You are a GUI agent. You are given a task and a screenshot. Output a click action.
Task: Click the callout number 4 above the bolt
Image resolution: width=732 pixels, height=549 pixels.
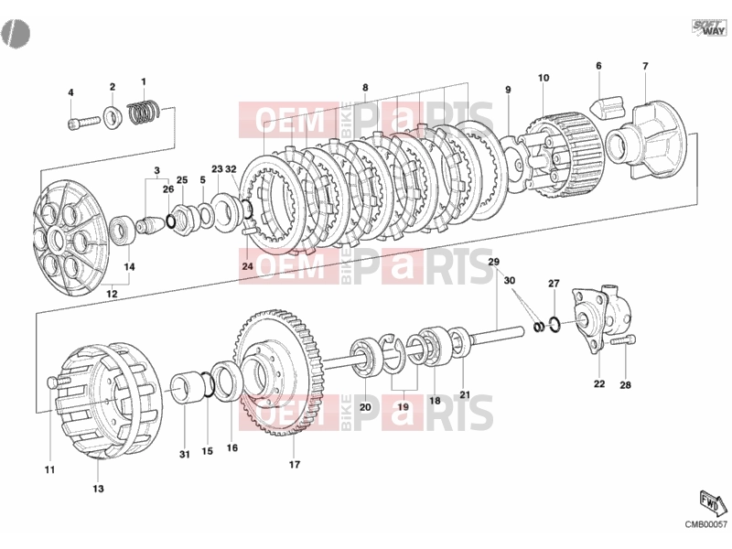click(x=71, y=92)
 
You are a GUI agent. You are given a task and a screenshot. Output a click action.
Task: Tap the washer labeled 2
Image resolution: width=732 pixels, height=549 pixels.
click(x=112, y=118)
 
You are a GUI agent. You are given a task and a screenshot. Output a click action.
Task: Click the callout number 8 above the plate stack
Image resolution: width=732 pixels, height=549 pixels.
click(x=365, y=87)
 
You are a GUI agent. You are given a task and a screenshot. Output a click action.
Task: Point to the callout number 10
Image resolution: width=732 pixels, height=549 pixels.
click(x=544, y=78)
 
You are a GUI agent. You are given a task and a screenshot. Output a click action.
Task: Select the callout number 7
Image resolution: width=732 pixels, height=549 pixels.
click(x=645, y=66)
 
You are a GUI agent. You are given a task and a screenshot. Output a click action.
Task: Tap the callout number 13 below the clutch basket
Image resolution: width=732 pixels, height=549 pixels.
click(x=98, y=489)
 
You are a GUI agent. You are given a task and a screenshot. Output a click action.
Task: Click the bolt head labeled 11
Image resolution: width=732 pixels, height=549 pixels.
click(x=52, y=383)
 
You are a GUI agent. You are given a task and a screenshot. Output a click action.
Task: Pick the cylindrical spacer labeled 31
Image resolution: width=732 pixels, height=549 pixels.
click(x=184, y=387)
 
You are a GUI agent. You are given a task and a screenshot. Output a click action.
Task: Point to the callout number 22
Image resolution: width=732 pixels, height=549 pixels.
click(x=599, y=383)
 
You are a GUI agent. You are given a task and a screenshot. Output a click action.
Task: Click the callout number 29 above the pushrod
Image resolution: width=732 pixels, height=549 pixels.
click(x=493, y=262)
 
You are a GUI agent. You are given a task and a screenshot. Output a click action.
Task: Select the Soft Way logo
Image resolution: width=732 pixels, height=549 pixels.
click(x=708, y=27)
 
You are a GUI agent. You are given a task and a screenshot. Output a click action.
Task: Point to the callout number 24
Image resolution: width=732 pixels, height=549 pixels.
click(x=247, y=266)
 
